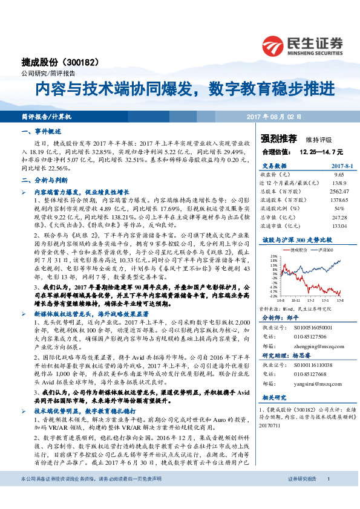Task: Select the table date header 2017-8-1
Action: pos(330,164)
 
